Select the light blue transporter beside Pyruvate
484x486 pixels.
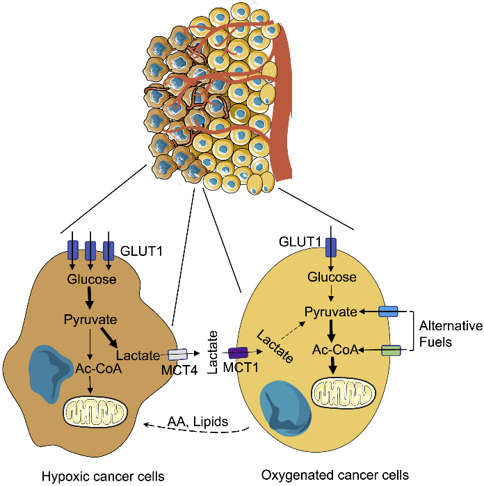pos(388,312)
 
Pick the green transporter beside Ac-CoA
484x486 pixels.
pos(392,351)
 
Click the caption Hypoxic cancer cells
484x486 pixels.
pos(103,476)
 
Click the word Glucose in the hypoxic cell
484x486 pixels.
pos(92,280)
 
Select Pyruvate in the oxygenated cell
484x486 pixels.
pos(331,312)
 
